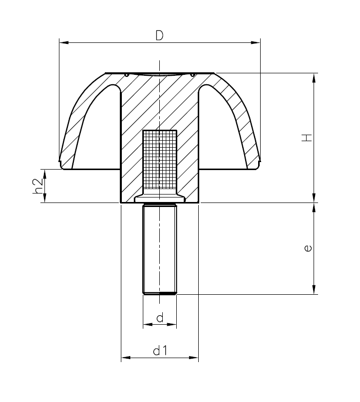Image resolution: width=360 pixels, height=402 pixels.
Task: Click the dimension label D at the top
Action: point(159,35)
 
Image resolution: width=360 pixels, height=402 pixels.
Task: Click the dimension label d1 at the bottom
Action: point(159,351)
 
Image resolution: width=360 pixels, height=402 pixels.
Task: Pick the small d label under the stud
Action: point(159,318)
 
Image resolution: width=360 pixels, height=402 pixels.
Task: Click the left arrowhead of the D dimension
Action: point(63,43)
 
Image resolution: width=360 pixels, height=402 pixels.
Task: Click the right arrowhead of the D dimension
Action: point(256,43)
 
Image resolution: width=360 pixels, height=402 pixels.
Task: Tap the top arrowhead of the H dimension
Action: point(314,78)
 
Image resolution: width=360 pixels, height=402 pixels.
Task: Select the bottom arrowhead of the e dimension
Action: point(314,290)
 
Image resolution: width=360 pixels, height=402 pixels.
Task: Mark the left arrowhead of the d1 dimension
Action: point(125,358)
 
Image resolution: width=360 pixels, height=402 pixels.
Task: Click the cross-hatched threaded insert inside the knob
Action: point(160,160)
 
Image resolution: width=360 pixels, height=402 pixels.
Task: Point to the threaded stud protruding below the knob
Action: point(160,249)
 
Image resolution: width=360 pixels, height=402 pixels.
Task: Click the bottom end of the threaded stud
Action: point(160,294)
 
